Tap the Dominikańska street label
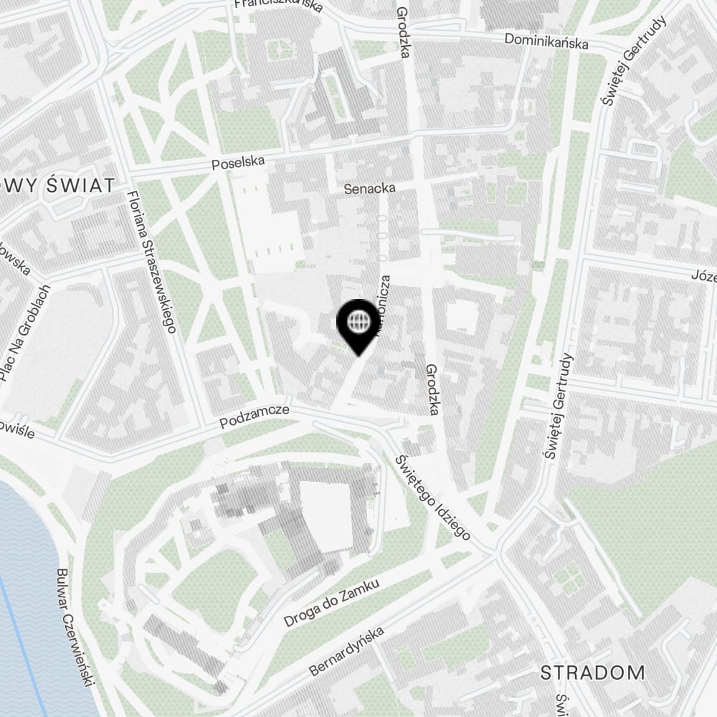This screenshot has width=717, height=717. [x=546, y=41]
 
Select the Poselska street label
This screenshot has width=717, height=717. [x=239, y=163]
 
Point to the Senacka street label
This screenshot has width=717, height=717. [x=370, y=189]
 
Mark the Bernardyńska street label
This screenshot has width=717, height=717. [x=346, y=651]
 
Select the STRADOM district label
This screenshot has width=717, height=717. [x=592, y=673]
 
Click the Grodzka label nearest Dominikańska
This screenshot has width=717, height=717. [x=403, y=32]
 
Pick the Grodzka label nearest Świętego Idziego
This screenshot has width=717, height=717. [x=432, y=389]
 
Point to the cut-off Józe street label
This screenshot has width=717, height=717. [x=703, y=275]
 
